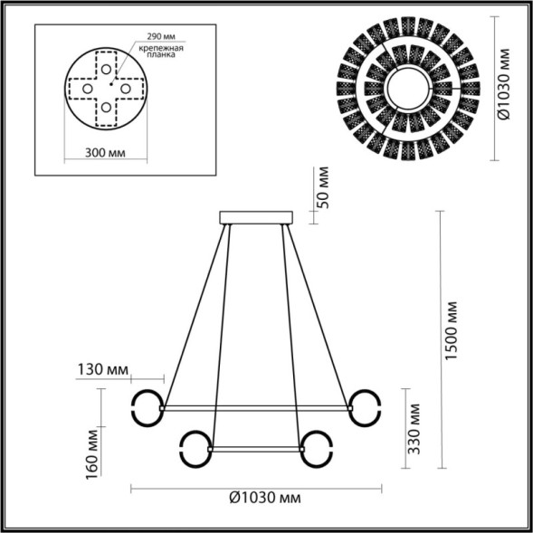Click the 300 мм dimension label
click(x=104, y=155)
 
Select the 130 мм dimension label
click(x=103, y=370)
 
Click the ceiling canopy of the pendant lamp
click(x=257, y=217)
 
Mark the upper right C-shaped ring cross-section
click(x=366, y=407)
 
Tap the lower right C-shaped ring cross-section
click(x=317, y=447)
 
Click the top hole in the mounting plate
click(x=107, y=69)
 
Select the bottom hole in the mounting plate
click(x=107, y=108)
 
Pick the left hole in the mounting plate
click(x=87, y=89)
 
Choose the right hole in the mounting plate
click(x=127, y=89)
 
